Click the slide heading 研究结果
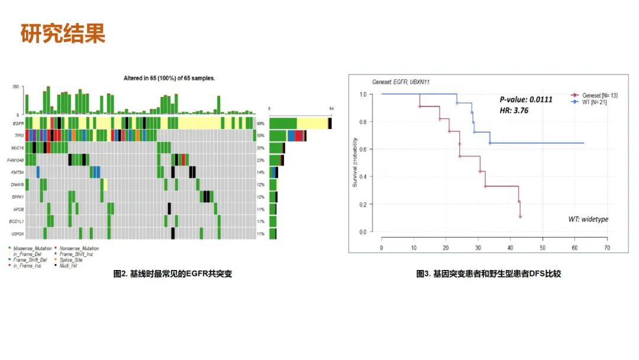[x=63, y=33]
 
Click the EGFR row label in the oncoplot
[x=18, y=123]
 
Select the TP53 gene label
[x=18, y=136]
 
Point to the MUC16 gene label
[x=18, y=147]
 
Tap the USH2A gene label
[x=18, y=234]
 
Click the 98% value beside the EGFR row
[x=260, y=123]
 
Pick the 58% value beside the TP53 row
[x=260, y=136]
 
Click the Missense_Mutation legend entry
[x=31, y=248]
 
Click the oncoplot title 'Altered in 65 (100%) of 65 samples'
[x=169, y=78]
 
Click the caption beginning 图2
[x=173, y=274]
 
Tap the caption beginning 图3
[x=489, y=274]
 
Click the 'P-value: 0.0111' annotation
[x=526, y=99]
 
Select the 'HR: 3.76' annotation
[x=515, y=110]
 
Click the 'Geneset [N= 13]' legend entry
[x=599, y=95]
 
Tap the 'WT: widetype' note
[x=588, y=219]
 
